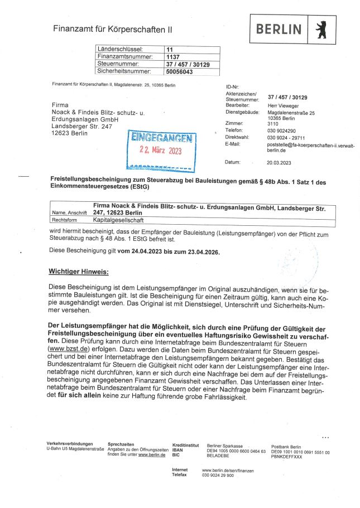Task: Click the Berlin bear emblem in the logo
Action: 321,30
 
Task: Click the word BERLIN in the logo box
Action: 279,30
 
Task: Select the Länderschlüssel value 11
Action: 170,50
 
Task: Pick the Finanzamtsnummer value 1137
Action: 172,57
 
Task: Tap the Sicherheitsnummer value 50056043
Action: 179,71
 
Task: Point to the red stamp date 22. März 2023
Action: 160,151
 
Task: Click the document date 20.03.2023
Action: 279,162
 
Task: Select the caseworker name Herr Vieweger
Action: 283,105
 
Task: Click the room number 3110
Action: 272,124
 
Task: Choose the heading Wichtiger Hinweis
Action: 78,272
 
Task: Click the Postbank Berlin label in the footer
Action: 286,447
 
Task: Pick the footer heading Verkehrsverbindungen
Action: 70,443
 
